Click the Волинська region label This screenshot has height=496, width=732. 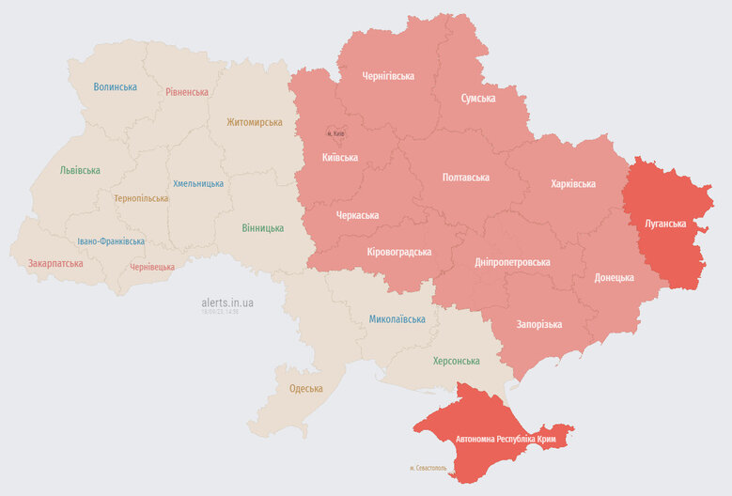[115, 87]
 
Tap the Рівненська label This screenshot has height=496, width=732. [187, 92]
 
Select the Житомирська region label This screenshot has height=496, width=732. [254, 122]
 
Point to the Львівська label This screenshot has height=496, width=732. [80, 171]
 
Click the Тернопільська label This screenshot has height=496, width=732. [141, 198]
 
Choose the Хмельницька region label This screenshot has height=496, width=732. [198, 183]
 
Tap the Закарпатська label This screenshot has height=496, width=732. [55, 263]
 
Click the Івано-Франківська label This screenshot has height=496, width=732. [111, 241]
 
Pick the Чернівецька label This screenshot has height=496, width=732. [151, 267]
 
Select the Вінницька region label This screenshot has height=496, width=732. [262, 228]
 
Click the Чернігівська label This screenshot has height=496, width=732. [388, 76]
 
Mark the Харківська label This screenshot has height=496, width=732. [573, 183]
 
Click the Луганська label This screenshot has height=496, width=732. [664, 224]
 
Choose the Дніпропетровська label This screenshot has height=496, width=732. [512, 262]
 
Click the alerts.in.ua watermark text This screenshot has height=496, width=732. [227, 302]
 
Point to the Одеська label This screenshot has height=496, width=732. [305, 388]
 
